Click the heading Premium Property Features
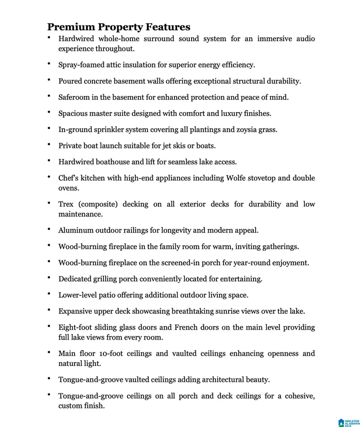point(119,27)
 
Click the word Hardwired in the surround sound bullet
point(76,39)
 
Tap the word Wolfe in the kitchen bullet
point(238,178)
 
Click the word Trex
point(66,204)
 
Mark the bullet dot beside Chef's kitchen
point(49,177)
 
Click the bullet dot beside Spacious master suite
point(49,113)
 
